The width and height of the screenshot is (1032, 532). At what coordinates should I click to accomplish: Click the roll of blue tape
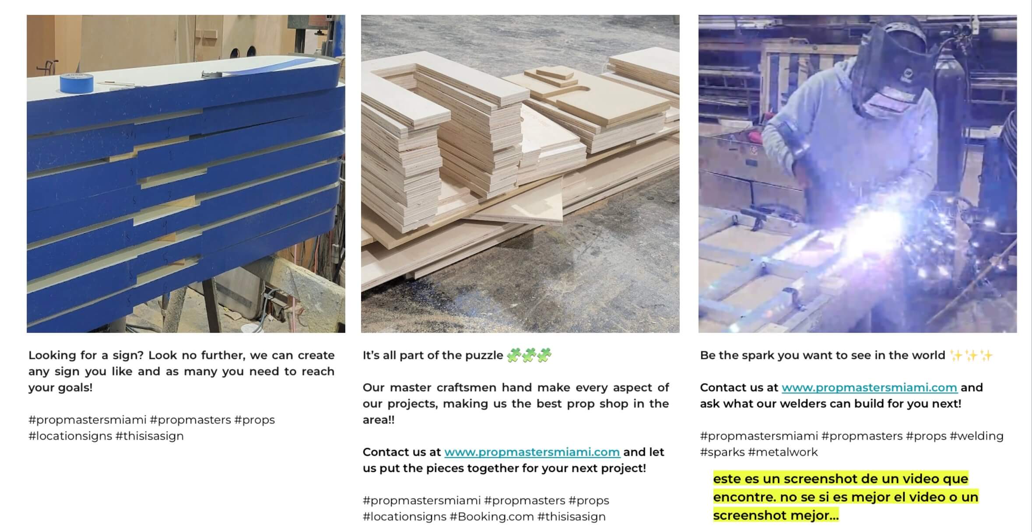pyautogui.click(x=77, y=83)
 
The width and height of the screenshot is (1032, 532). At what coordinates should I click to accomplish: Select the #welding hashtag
pyautogui.click(x=976, y=436)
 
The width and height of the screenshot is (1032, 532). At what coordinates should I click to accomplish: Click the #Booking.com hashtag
pyautogui.click(x=491, y=516)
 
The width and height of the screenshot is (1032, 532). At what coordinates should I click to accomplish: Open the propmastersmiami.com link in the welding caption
pyautogui.click(x=869, y=388)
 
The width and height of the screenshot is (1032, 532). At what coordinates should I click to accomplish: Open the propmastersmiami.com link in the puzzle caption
pyautogui.click(x=532, y=452)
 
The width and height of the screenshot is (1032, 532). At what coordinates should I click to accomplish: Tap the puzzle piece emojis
pyautogui.click(x=529, y=355)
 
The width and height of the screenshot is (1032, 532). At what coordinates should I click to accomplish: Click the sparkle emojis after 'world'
pyautogui.click(x=971, y=355)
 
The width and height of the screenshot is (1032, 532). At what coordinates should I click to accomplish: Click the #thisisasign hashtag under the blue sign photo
pyautogui.click(x=150, y=436)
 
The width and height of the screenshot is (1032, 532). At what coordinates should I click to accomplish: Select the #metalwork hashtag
pyautogui.click(x=783, y=452)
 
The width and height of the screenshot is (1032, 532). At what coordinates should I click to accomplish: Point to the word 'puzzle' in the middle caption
pyautogui.click(x=482, y=355)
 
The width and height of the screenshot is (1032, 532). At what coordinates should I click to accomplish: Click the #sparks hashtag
pyautogui.click(x=723, y=452)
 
